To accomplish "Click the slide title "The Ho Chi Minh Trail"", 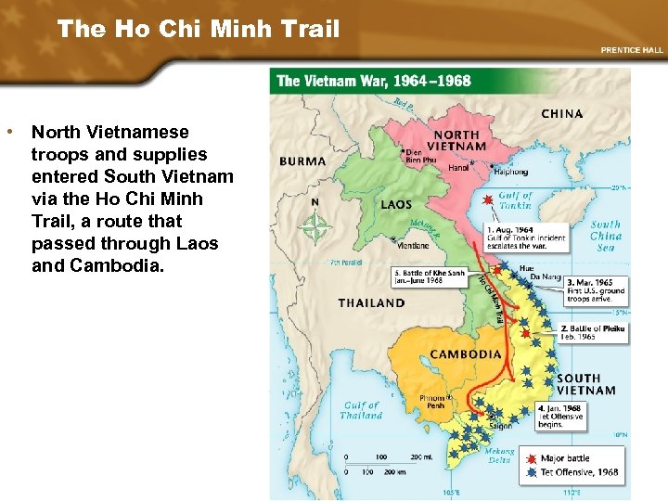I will pos(199,29).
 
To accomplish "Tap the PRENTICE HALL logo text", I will pos(633,49).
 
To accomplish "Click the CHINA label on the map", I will pos(562,114).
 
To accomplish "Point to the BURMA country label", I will pos(302,161).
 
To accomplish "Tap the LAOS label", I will pos(396,205).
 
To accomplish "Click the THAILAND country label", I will pos(371,302).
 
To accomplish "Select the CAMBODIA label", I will pos(465,354).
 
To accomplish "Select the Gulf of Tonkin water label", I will pos(515,201).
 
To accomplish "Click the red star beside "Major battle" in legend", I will pos(529,458).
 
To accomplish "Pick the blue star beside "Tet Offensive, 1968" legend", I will pos(529,472).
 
